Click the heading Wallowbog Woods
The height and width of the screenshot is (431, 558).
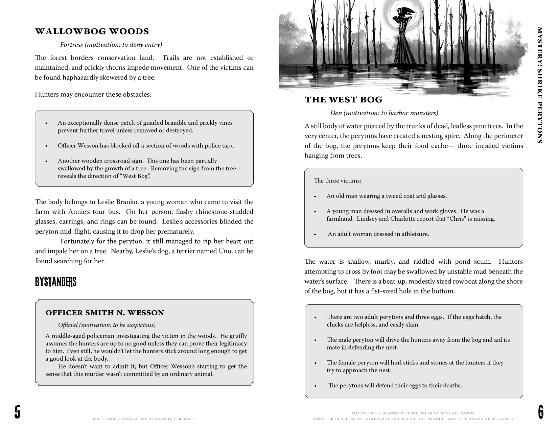(92, 31)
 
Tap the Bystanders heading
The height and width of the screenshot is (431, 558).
(55, 282)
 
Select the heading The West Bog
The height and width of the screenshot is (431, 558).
(344, 100)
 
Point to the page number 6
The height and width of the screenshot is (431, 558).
(540, 412)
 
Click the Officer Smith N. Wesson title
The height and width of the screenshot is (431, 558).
(105, 313)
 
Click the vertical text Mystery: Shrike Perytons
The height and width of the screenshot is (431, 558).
(540, 85)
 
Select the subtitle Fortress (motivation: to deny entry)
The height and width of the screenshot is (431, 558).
(111, 45)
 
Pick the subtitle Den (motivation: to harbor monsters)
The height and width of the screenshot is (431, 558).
(384, 113)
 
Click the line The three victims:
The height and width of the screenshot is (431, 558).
(338, 181)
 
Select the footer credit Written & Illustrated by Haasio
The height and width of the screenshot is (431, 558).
(144, 419)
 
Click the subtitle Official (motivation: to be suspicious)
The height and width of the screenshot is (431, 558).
(107, 325)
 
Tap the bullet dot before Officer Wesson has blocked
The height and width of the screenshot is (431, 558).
(46, 146)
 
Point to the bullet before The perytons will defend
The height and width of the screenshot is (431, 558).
(315, 386)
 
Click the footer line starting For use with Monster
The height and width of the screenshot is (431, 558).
(413, 413)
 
